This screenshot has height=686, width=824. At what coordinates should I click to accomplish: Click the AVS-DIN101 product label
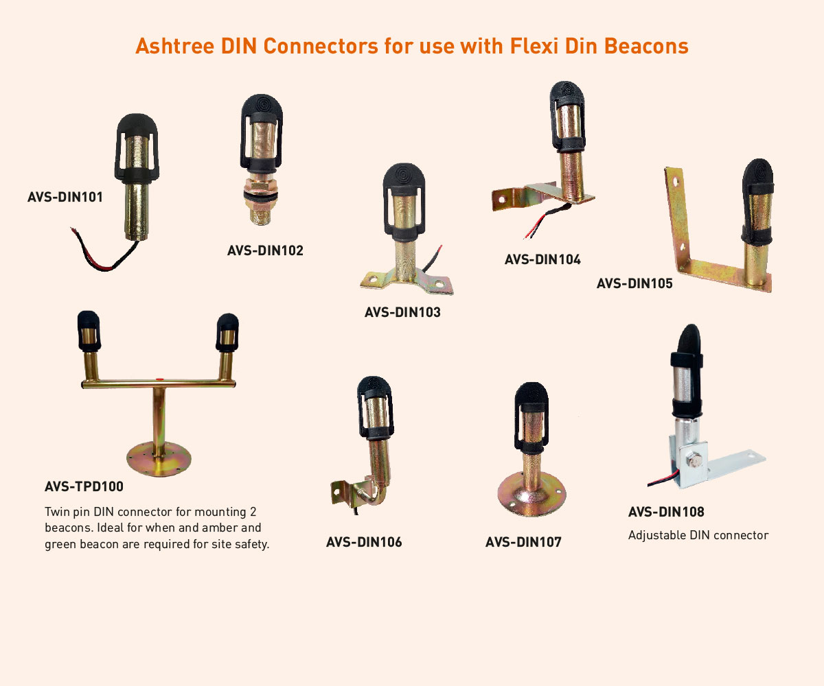[x=65, y=197]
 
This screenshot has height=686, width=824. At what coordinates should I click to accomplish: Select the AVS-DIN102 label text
[x=265, y=250]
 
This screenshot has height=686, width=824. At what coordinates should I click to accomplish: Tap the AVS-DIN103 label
[x=402, y=312]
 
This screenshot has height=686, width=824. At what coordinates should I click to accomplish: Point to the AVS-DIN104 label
[x=542, y=259]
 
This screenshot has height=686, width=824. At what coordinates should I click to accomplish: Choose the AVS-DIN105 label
[x=634, y=283]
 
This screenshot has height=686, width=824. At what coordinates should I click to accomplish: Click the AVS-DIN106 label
[x=364, y=542]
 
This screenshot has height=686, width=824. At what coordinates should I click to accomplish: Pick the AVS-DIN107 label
[x=523, y=542]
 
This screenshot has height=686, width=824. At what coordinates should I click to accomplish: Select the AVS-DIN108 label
[x=666, y=512]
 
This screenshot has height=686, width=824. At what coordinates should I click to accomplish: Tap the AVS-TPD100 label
[x=84, y=486]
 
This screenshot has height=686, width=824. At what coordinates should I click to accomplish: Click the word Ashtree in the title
[x=175, y=46]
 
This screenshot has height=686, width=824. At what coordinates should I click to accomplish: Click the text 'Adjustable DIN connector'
[x=698, y=535]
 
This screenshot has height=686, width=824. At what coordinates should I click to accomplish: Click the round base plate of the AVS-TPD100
[x=159, y=460]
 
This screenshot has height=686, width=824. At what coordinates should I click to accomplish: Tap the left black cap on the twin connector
[x=89, y=331]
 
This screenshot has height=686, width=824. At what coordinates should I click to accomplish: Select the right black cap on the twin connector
[x=227, y=332]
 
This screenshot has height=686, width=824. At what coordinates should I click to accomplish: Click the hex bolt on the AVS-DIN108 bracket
[x=694, y=461]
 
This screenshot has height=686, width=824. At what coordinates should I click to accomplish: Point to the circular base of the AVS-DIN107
[x=531, y=494]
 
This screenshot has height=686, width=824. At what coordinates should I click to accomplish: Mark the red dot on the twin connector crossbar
[x=159, y=379]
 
